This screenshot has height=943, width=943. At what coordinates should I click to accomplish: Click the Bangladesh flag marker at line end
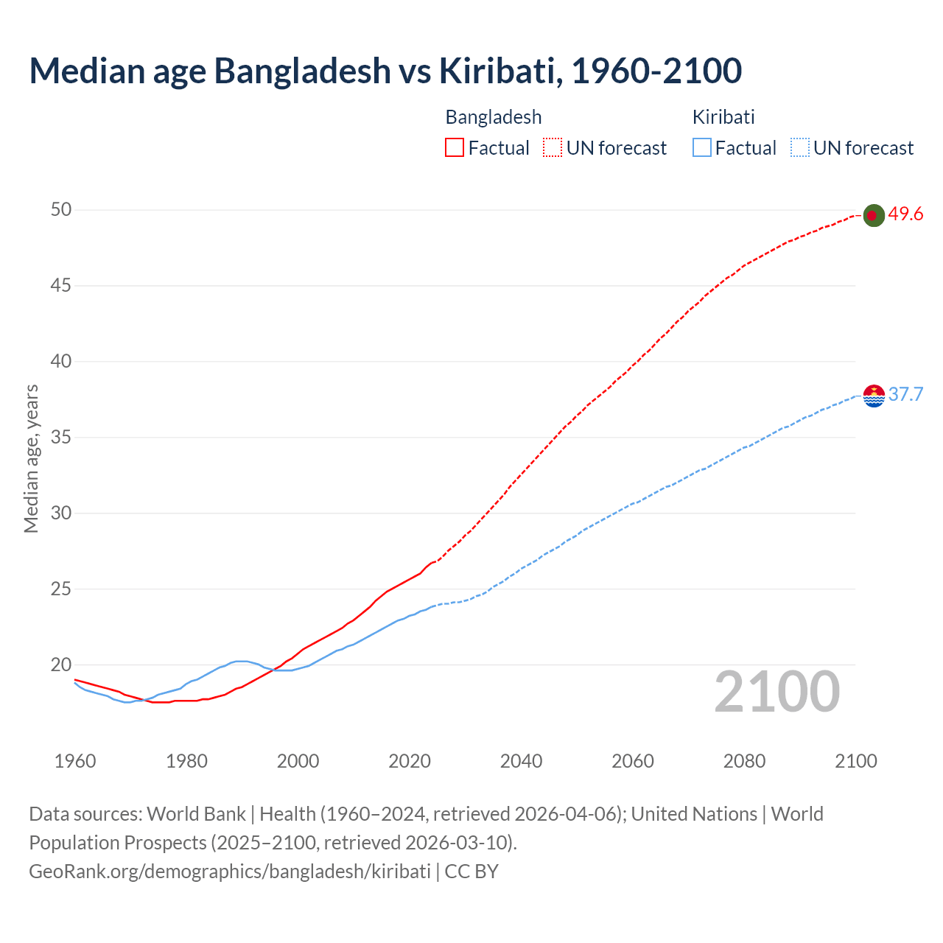pos(873,215)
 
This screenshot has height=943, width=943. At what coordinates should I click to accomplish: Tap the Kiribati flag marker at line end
pos(873,396)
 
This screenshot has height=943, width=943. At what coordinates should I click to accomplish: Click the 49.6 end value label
pos(905,214)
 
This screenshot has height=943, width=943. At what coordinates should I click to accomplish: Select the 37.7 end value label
pos(905,395)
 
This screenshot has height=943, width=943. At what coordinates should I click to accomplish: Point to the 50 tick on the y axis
pos(61,210)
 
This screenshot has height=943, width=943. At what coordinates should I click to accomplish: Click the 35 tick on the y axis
pos(61,438)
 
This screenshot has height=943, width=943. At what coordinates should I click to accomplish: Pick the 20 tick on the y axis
pos(61,665)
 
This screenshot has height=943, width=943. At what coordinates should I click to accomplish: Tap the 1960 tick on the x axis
pos(75,761)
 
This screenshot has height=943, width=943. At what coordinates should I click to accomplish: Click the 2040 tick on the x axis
pos(521,761)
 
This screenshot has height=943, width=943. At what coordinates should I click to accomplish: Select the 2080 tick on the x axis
pos(744,761)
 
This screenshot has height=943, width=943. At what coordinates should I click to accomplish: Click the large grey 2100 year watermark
pos(777,692)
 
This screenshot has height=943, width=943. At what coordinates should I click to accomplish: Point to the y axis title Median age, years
pos(31,458)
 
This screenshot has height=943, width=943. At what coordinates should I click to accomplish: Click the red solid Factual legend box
pos(455,148)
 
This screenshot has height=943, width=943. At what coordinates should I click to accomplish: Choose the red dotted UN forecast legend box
pos(553,148)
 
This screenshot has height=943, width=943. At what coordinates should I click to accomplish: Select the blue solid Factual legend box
pos(702,148)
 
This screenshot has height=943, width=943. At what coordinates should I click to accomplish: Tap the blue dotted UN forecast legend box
pos(799,148)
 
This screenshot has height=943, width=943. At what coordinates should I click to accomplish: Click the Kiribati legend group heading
pos(723,117)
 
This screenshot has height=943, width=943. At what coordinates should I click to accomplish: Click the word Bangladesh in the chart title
pos(302,71)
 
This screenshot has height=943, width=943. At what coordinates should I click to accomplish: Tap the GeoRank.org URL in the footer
pos(229,872)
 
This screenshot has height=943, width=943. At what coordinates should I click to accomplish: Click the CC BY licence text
pos(471,872)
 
